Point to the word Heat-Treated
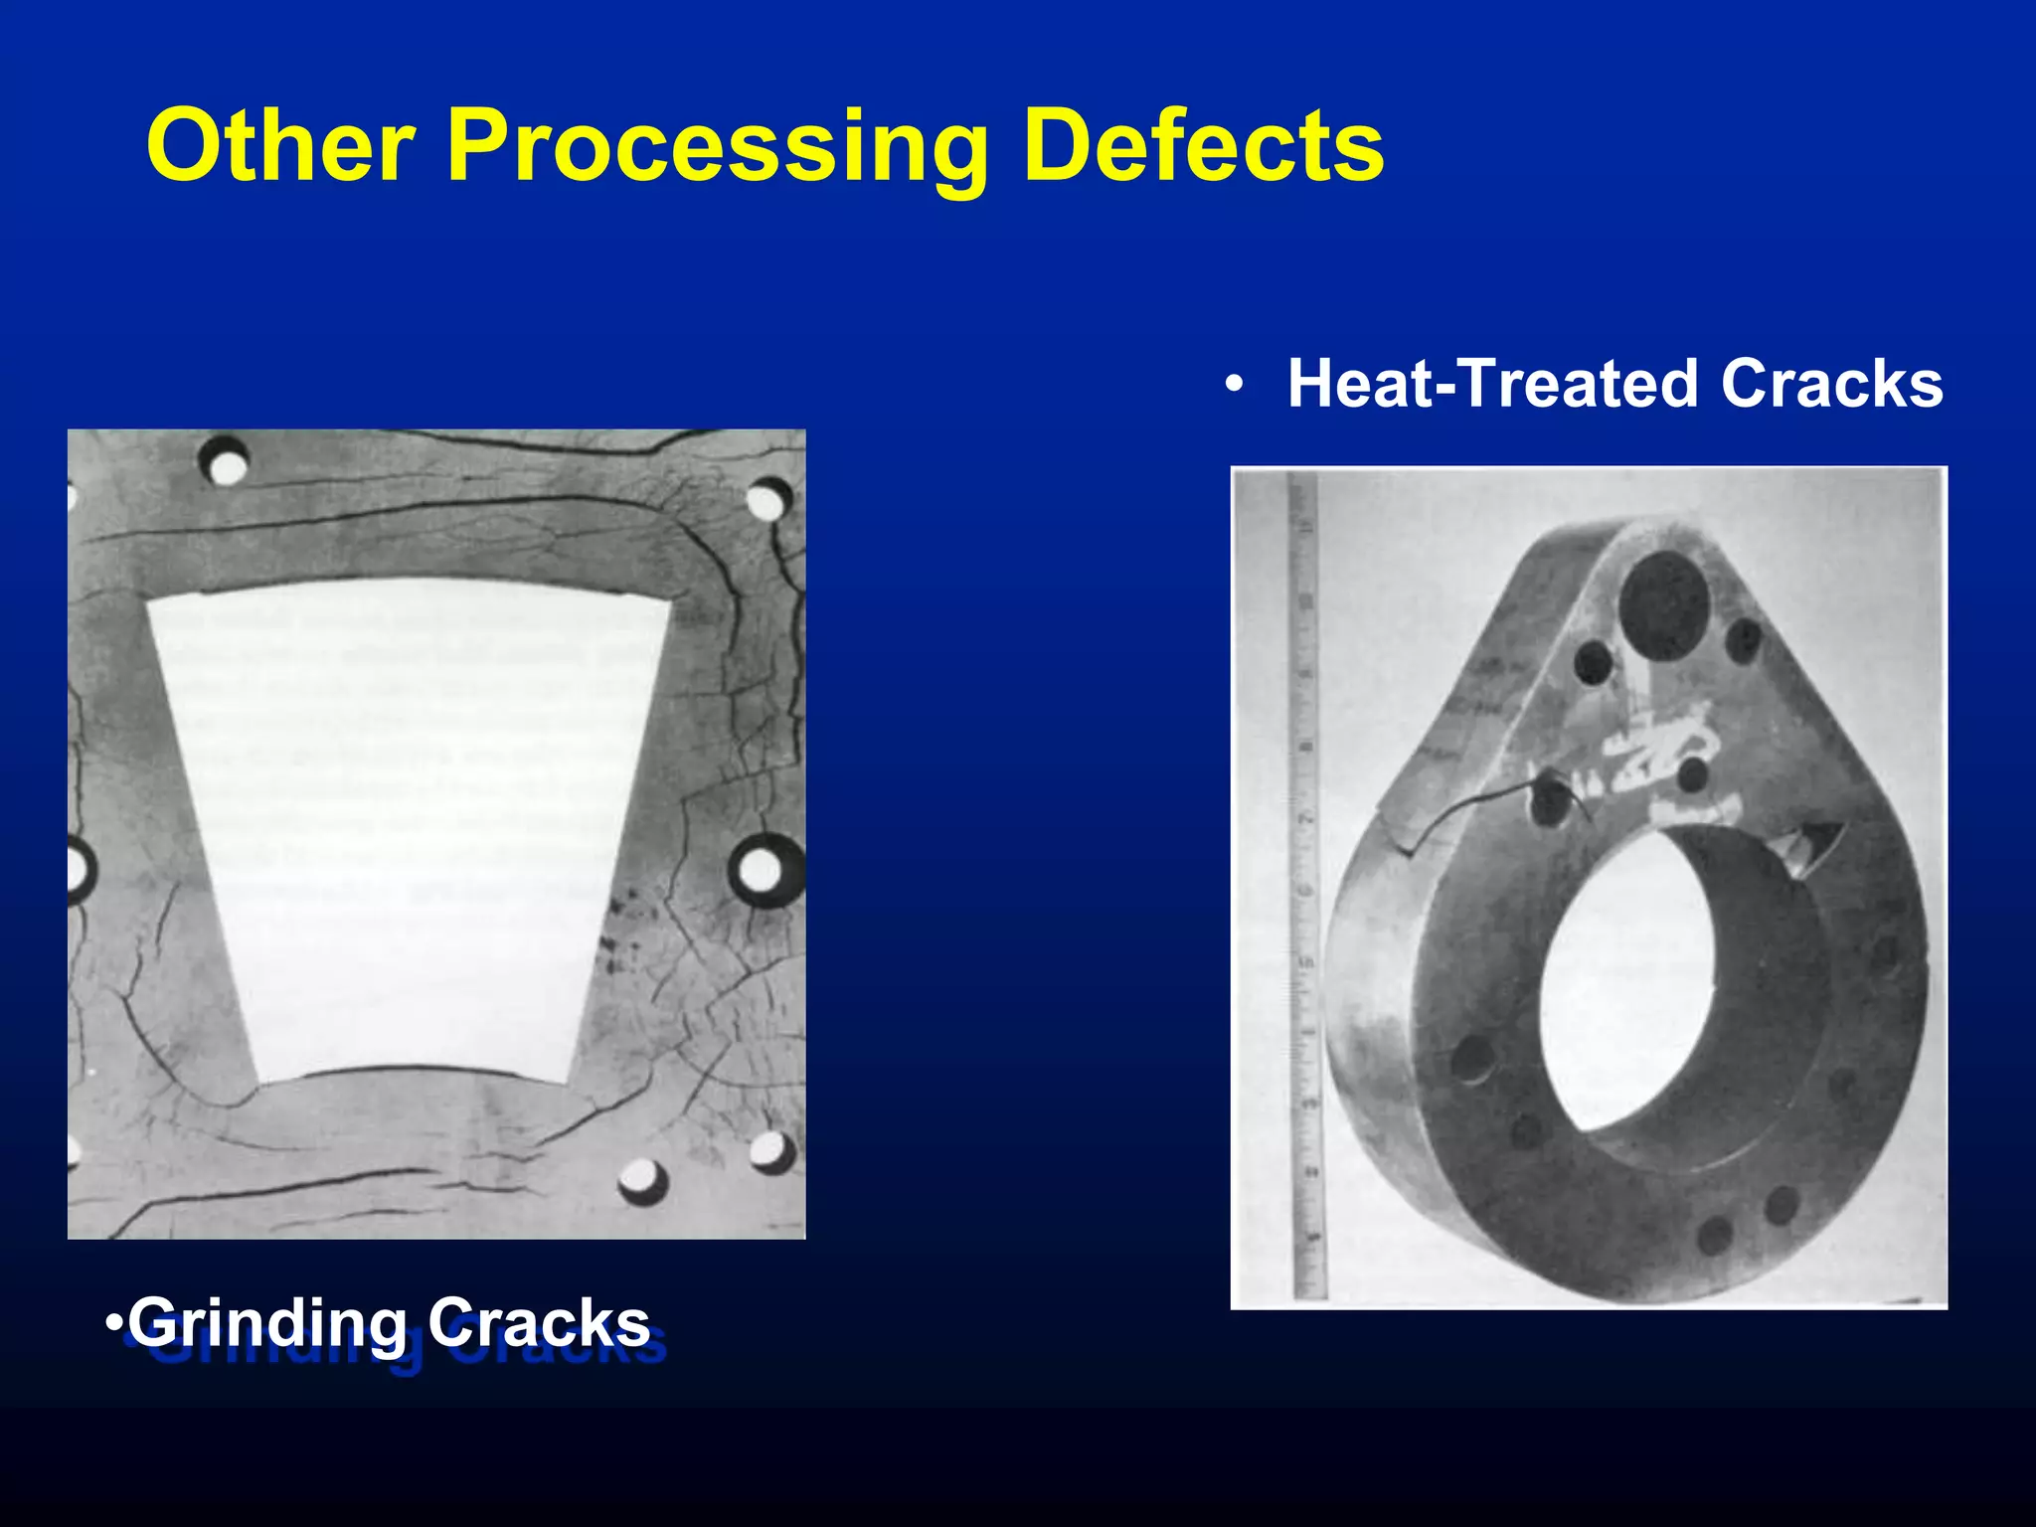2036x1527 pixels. [1492, 385]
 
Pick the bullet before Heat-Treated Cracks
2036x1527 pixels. [1234, 386]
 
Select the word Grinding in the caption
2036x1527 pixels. [267, 1324]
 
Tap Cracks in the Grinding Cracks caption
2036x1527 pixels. [539, 1324]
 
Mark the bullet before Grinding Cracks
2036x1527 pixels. [114, 1324]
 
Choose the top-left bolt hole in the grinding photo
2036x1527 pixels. [226, 463]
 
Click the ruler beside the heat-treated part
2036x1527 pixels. [1305, 885]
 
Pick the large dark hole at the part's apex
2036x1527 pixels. [1663, 604]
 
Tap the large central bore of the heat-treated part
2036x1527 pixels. [1630, 979]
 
